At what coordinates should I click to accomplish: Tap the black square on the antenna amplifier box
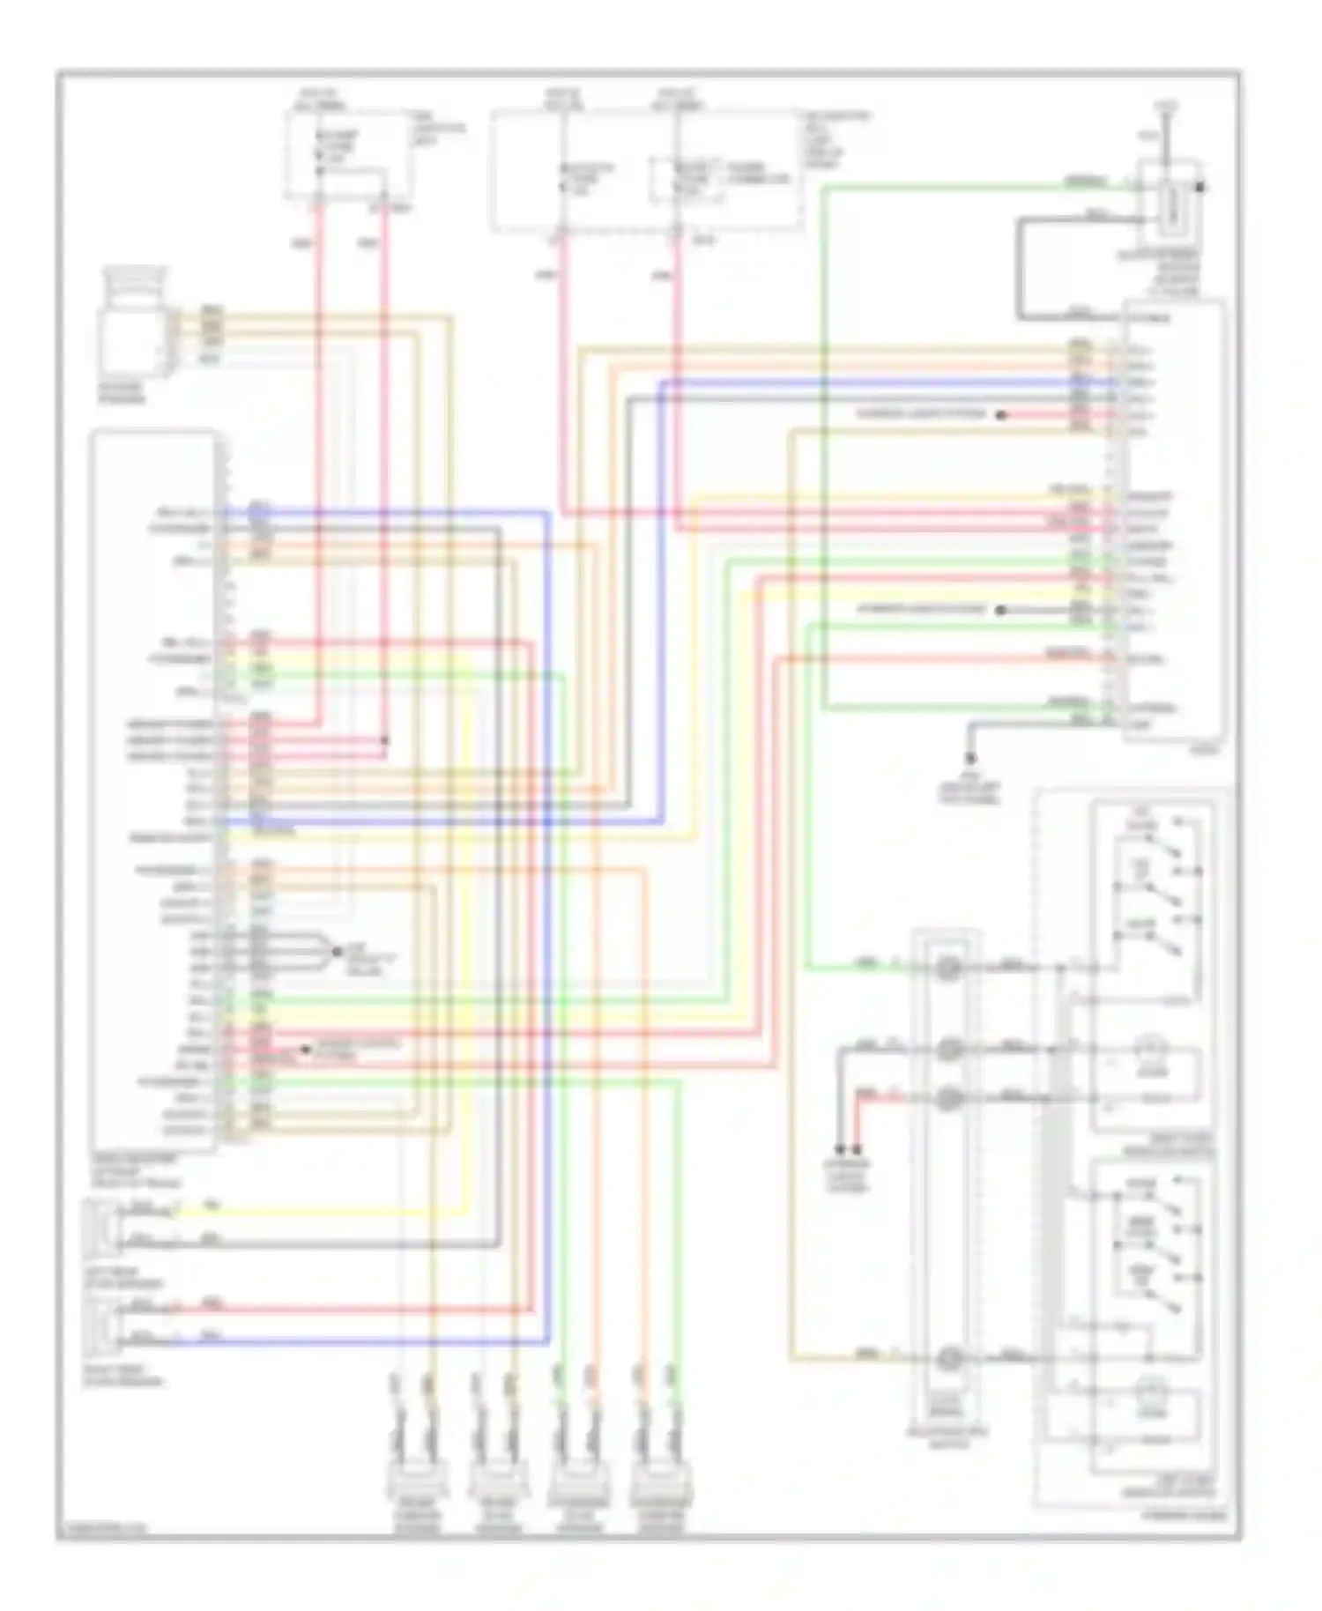[1199, 187]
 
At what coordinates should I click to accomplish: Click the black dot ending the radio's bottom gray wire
[970, 758]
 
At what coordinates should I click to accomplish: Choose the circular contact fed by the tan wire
[948, 1359]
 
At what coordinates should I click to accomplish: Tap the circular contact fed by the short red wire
[948, 1098]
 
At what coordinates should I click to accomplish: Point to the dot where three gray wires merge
[337, 952]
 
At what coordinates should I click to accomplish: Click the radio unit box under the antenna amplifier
[1172, 520]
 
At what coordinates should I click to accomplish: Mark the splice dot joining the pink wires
[384, 740]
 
